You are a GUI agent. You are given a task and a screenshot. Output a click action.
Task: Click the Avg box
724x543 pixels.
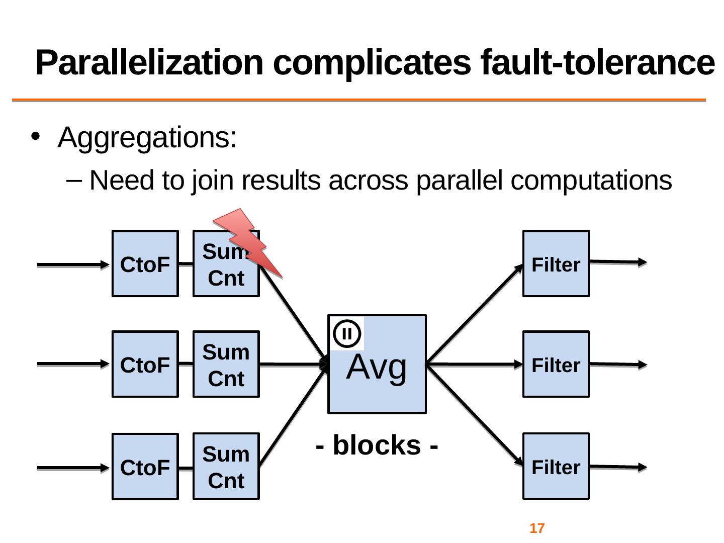[377, 372]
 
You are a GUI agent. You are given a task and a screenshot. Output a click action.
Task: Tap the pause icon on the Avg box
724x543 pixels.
[347, 333]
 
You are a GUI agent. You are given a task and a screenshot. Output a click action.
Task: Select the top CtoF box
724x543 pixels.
[145, 264]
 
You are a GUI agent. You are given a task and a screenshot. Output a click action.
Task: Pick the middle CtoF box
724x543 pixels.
[145, 365]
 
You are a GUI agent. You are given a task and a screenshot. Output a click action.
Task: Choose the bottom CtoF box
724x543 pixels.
[145, 467]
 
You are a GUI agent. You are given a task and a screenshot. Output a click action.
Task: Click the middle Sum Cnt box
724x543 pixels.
[226, 365]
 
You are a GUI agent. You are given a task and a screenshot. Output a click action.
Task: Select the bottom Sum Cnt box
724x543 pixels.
[226, 467]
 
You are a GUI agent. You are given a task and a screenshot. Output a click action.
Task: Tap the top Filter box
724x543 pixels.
[556, 264]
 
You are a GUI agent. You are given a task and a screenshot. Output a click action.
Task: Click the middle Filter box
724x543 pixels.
[556, 365]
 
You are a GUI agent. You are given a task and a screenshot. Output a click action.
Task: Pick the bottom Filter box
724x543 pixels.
[556, 467]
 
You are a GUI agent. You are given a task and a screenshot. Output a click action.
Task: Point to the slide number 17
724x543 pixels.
[537, 528]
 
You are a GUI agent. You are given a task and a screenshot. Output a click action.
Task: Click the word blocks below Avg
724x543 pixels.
[377, 445]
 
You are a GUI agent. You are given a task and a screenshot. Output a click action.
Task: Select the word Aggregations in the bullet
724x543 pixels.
[147, 137]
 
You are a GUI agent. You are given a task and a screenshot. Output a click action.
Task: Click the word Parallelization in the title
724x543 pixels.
[149, 63]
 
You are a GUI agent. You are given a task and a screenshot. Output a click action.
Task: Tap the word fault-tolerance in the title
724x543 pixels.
[597, 63]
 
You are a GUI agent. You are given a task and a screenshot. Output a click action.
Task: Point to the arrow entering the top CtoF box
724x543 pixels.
[73, 264]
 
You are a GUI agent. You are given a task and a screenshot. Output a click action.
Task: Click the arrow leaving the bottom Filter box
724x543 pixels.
[618, 467]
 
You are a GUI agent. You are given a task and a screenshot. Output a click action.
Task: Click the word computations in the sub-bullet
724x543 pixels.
[591, 180]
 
